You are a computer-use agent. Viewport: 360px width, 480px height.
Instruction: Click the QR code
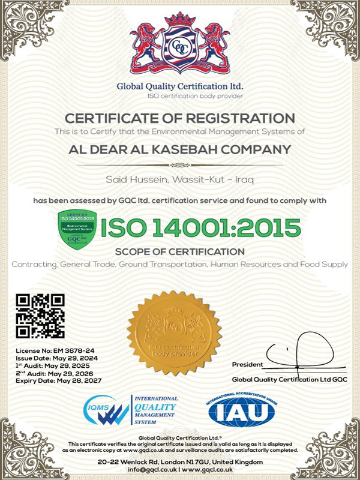coord(40,316)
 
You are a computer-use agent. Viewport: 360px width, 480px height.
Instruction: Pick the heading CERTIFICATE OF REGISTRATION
coord(180,118)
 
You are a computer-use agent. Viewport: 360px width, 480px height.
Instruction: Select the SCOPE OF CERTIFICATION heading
coord(180,251)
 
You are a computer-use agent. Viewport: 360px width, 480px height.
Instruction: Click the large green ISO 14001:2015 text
coord(200,227)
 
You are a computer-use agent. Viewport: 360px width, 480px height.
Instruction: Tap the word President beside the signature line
coord(247,365)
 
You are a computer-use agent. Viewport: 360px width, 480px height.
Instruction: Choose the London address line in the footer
coord(180,461)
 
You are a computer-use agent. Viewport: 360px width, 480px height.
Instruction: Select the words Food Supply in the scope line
coord(328,264)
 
